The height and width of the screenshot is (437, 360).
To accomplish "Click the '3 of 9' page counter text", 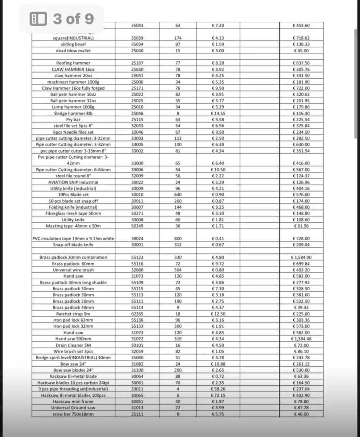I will tap(73, 19).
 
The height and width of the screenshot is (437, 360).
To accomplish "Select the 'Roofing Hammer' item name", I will tap(73, 63).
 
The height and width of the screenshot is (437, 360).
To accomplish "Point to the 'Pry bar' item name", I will tap(73, 119).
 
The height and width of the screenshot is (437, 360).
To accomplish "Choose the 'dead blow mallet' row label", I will tap(73, 51).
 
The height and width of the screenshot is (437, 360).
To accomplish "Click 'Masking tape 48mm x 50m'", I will tap(73, 226).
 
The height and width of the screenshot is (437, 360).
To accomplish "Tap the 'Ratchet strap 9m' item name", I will tap(73, 314).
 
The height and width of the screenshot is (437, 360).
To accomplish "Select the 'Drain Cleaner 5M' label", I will tap(73, 345).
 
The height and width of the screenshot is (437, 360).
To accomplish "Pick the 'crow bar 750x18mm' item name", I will tap(73, 414).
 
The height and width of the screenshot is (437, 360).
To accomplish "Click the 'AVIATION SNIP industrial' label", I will tap(73, 182).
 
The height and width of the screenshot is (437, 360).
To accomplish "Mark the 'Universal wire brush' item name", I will tap(73, 270).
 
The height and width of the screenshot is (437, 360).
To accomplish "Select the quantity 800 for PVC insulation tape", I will tap(178, 239).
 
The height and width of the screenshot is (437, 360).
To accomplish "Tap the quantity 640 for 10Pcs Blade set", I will tap(178, 195).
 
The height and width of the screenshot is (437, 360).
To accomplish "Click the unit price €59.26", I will tap(218, 389).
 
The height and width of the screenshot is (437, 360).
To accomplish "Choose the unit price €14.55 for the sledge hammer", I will tap(218, 113).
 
